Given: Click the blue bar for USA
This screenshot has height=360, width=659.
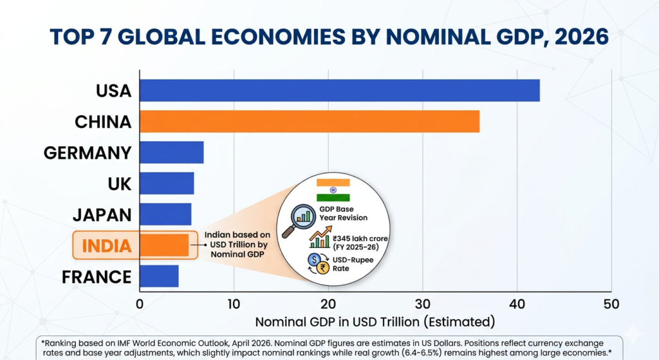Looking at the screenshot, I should point(339,90).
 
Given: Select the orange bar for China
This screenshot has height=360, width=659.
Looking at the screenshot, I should point(309,122).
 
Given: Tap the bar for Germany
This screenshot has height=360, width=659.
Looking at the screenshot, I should point(171,153).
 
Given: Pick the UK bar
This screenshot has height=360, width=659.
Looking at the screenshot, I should point(167,184).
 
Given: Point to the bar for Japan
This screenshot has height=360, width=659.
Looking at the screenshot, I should point(165,214).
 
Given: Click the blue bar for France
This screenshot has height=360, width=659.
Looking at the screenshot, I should point(159,276).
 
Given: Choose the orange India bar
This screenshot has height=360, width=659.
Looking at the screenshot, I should point(164,245).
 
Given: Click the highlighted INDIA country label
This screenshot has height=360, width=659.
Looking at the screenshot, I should point(106,245).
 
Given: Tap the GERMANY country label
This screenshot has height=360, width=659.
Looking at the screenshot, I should point(88,153).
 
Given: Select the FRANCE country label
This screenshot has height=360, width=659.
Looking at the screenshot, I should point(97,277).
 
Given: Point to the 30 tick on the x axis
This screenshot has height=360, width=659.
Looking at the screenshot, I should point(422,303).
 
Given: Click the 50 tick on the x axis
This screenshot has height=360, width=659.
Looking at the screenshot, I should point(611,303).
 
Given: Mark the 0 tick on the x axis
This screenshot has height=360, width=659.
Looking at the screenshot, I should point(140,303).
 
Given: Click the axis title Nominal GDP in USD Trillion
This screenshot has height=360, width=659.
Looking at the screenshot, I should point(375,321).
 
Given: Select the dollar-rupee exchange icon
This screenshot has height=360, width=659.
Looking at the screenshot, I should point(317,264).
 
